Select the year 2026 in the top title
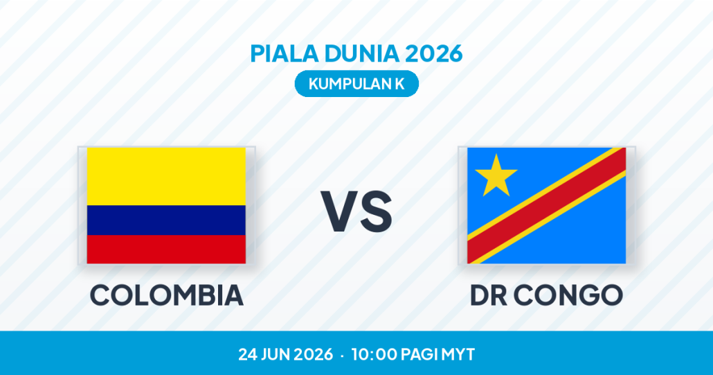pos(433,53)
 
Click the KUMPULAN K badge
pos(356,84)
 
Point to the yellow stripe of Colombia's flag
pos(166,176)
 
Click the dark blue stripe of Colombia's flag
pos(166,220)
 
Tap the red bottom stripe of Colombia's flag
pos(166,250)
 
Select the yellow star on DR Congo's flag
pos(496,175)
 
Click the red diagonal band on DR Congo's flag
pos(547,205)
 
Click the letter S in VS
pos(376,211)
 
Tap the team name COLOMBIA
pos(166,295)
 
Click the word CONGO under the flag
pos(568,295)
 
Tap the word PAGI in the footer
pos(417,354)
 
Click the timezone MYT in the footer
pos(458,354)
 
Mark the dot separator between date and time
pos(342,355)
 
